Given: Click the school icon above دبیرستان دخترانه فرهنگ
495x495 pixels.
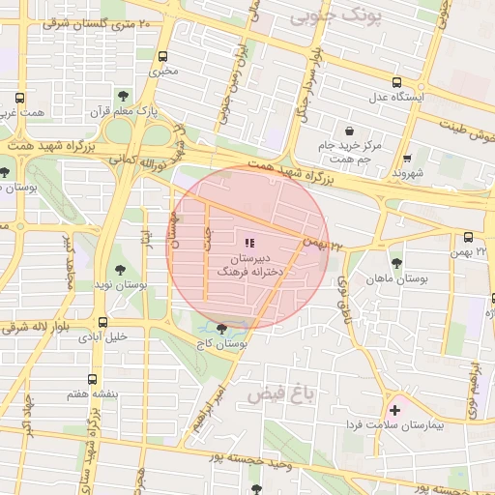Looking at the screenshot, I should [x=248, y=243].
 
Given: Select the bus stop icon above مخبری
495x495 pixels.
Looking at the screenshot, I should [x=162, y=56].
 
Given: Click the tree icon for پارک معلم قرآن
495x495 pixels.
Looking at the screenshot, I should [x=122, y=95].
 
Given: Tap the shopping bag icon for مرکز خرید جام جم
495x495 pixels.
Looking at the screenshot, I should [x=348, y=131].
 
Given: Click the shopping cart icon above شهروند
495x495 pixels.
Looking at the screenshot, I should [x=407, y=159].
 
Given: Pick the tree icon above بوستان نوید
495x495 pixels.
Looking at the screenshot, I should [x=119, y=270].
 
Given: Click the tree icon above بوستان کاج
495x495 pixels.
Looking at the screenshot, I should [x=223, y=329].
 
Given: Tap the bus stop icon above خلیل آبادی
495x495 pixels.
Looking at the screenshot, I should [x=102, y=322].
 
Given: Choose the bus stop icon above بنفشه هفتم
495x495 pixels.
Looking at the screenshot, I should [x=92, y=379].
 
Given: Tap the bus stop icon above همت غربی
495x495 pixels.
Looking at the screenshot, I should [x=20, y=98].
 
